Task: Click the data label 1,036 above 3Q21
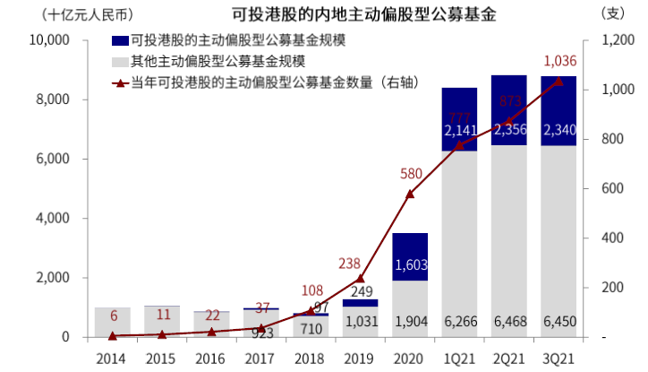[x=559, y=61]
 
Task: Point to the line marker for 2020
[x=410, y=194]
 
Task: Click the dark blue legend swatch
[x=119, y=41]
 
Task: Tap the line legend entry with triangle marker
[x=251, y=82]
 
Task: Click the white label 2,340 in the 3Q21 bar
[x=558, y=131]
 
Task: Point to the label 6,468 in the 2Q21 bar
[x=508, y=321]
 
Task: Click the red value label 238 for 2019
[x=350, y=264]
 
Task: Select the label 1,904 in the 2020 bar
[x=410, y=321]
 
